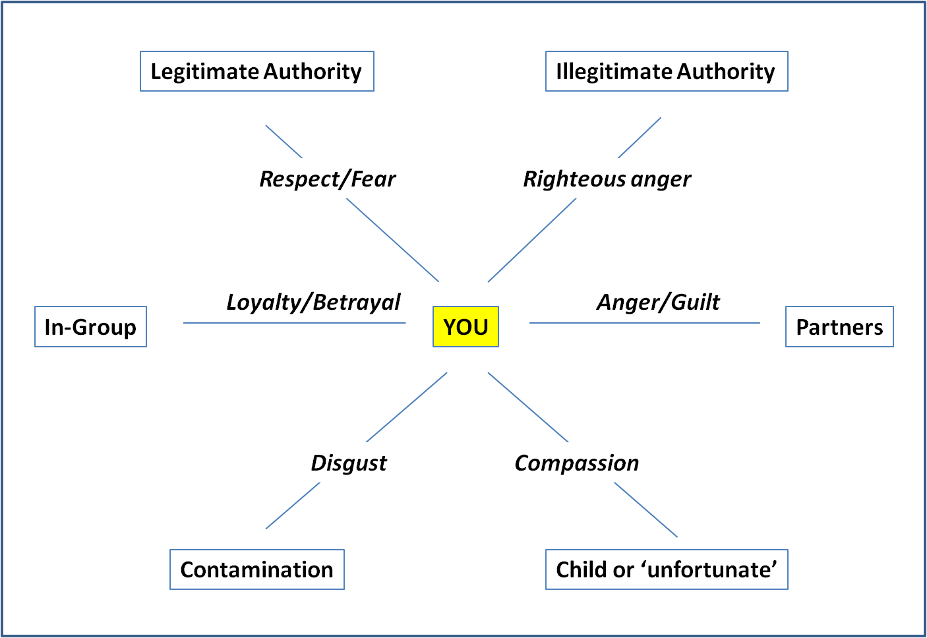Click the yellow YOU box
tap(465, 327)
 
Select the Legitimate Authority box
tap(256, 71)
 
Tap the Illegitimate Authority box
tap(666, 71)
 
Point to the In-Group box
tap(90, 327)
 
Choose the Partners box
tap(839, 327)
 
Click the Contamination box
tap(256, 569)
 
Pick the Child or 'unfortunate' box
tap(666, 569)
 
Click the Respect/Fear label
tap(327, 179)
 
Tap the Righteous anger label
tap(607, 179)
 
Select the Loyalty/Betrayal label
tap(313, 302)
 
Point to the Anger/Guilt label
tap(658, 302)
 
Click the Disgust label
tap(349, 463)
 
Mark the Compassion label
tap(576, 463)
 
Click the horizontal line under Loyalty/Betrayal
tap(294, 323)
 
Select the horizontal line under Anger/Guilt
tap(644, 323)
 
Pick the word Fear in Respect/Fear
tap(373, 179)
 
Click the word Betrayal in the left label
tap(356, 302)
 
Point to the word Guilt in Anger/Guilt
tap(695, 302)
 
